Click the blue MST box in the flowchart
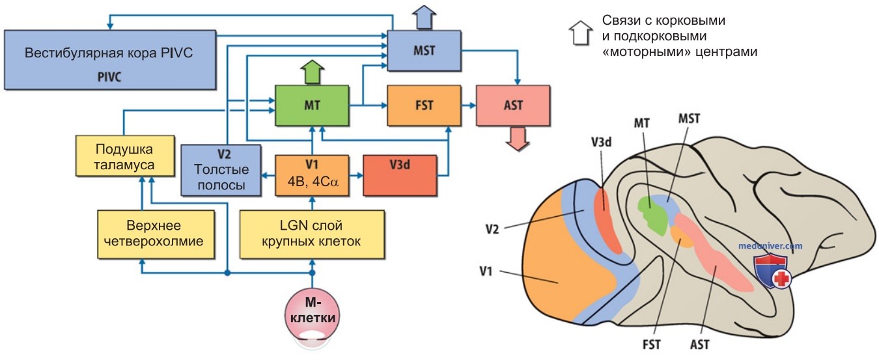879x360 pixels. [x=424, y=51]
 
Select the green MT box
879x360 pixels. [x=312, y=105]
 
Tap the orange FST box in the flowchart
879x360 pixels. [x=424, y=105]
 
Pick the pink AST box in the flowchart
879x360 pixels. [x=513, y=105]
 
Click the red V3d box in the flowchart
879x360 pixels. [x=400, y=175]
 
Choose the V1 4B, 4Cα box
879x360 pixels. [x=312, y=175]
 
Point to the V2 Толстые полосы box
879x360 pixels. [x=221, y=170]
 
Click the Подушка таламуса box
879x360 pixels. [x=125, y=156]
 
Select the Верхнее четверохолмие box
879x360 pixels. [x=156, y=234]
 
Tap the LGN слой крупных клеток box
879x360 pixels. [x=312, y=234]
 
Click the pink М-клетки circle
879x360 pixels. [x=313, y=316]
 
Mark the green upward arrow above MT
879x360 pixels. [x=313, y=72]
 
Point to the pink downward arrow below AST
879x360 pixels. [x=518, y=139]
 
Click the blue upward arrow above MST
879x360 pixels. [x=424, y=18]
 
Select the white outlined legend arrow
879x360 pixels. [x=581, y=33]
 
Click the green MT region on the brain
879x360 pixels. [x=652, y=215]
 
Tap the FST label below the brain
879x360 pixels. [x=651, y=344]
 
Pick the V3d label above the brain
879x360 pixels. [x=601, y=142]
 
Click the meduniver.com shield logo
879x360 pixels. [x=772, y=271]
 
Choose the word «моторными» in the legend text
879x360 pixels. [x=647, y=52]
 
